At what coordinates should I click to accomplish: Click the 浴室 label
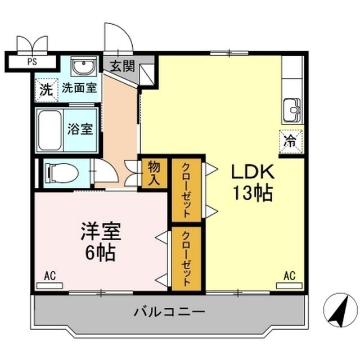[x=80, y=129]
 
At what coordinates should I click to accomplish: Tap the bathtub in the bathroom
[x=50, y=130]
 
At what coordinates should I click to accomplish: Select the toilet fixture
[x=62, y=173]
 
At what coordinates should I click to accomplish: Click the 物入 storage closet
[x=154, y=173]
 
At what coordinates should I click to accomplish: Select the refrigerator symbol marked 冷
[x=291, y=141]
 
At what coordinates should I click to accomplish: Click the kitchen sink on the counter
[x=292, y=108]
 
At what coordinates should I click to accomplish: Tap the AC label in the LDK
[x=289, y=276]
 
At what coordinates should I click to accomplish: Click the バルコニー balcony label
[x=169, y=311]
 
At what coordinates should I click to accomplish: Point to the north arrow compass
[x=340, y=310]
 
